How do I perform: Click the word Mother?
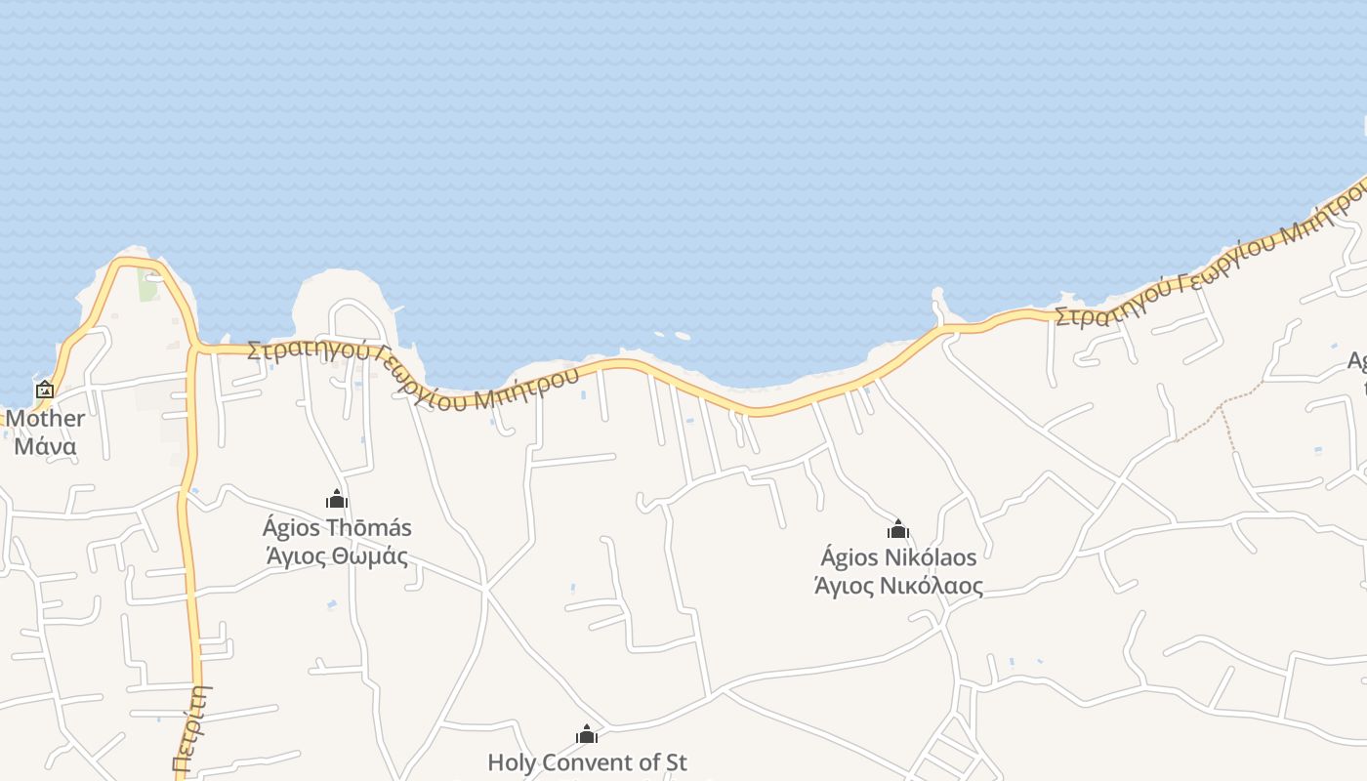coord(45,419)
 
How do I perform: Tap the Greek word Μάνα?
coord(45,447)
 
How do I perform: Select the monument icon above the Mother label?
coord(45,390)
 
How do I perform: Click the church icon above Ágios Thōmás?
coord(337,500)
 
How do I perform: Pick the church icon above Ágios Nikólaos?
coord(898,530)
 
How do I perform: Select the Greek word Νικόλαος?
coord(932,587)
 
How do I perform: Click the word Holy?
coord(510,762)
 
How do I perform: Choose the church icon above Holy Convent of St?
coord(587,734)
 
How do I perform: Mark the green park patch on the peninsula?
coord(148,286)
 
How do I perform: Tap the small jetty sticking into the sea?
coord(938,303)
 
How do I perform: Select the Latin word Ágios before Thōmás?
coord(291,528)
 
